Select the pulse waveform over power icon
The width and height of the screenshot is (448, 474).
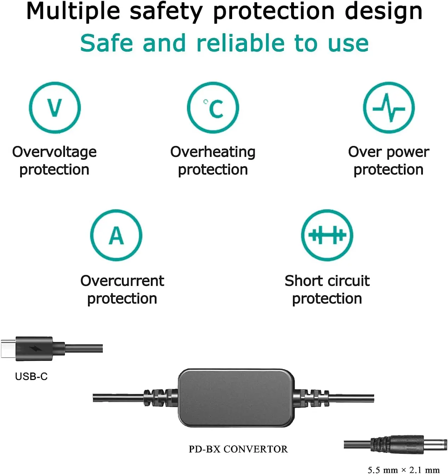tap(389, 107)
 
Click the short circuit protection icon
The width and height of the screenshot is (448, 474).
tap(327, 235)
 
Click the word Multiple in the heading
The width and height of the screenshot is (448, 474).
tap(73, 12)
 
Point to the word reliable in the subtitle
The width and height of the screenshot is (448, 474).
tap(241, 43)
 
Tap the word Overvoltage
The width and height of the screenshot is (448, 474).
tap(54, 152)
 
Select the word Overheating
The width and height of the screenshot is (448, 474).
tap(213, 152)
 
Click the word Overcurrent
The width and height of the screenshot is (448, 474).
tap(122, 281)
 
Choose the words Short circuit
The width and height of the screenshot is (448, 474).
tap(327, 281)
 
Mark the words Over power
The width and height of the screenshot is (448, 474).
tap(389, 152)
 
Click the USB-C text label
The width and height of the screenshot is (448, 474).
tap(31, 376)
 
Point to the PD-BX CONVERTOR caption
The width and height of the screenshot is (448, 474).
tap(238, 449)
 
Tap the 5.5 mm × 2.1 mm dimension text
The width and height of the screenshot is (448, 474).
tap(403, 470)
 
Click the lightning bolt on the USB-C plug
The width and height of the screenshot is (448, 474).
tap(35, 349)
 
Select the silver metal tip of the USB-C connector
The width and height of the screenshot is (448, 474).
tap(8, 349)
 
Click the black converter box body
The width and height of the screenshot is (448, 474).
tap(236, 398)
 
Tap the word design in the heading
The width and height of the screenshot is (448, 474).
tap(384, 12)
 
